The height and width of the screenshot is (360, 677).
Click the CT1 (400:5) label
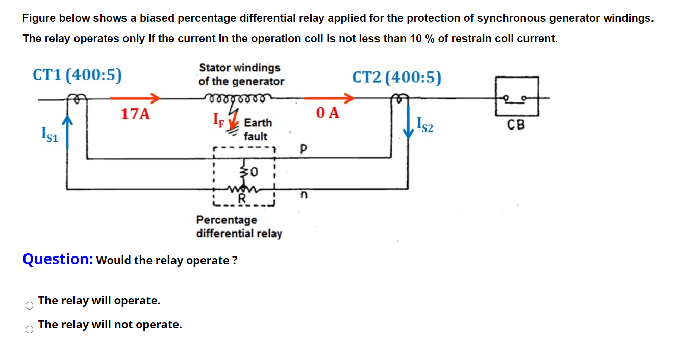click(77, 75)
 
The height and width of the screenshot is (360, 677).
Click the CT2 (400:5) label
click(397, 78)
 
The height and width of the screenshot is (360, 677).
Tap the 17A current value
click(135, 114)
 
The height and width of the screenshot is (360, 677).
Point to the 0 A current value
click(328, 113)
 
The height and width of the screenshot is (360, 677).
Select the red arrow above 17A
click(135, 98)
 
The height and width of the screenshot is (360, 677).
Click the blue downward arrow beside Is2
click(409, 124)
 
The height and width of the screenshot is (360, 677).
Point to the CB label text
click(516, 125)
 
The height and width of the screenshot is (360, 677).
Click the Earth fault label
click(258, 130)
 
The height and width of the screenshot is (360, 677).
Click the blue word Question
click(57, 259)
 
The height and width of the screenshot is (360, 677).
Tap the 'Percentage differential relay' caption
click(239, 226)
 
